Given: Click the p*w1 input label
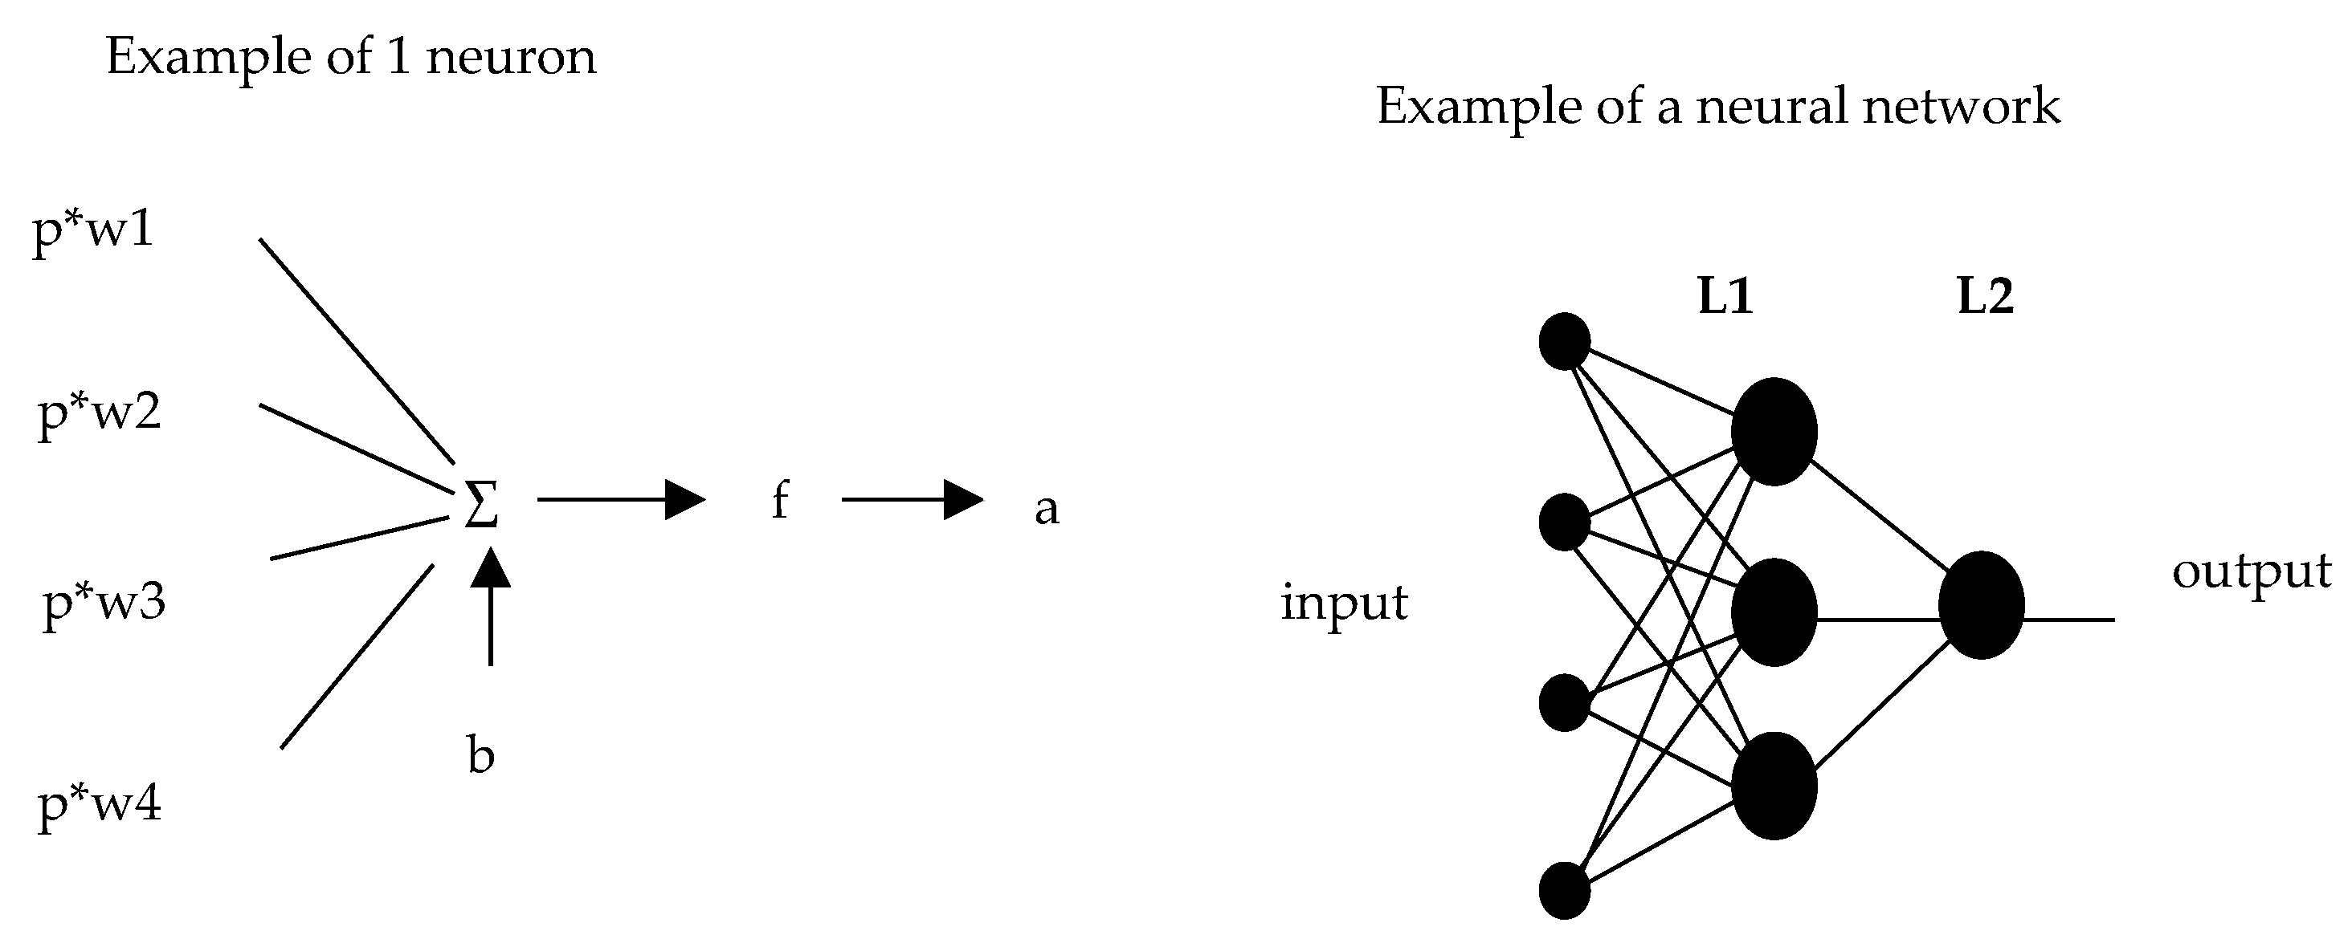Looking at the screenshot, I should click(93, 232).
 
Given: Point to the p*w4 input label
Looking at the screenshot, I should click(99, 805).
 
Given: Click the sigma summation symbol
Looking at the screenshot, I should click(481, 505).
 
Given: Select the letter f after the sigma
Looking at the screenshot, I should click(779, 501).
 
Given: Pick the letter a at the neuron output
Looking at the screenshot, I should click(1047, 508).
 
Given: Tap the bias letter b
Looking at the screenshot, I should click(480, 755).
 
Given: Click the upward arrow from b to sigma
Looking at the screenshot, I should click(492, 607).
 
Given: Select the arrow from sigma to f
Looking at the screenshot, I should click(621, 499).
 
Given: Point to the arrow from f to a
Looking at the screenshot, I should click(911, 499).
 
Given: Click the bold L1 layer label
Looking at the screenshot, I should click(1725, 297).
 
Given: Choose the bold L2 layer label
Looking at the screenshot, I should click(1985, 297).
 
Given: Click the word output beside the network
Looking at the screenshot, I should click(2251, 572).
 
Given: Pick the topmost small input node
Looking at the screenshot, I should click(1564, 341).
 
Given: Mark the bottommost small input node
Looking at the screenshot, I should click(1564, 891).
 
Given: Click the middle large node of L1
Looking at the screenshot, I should click(1773, 612).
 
